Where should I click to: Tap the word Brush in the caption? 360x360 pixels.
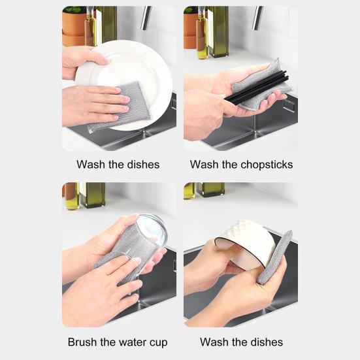(x=82, y=342)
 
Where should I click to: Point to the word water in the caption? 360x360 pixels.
(x=129, y=342)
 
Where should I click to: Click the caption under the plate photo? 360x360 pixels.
(x=118, y=165)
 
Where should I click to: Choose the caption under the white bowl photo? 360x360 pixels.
(x=241, y=342)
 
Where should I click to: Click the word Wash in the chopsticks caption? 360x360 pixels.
(x=204, y=165)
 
